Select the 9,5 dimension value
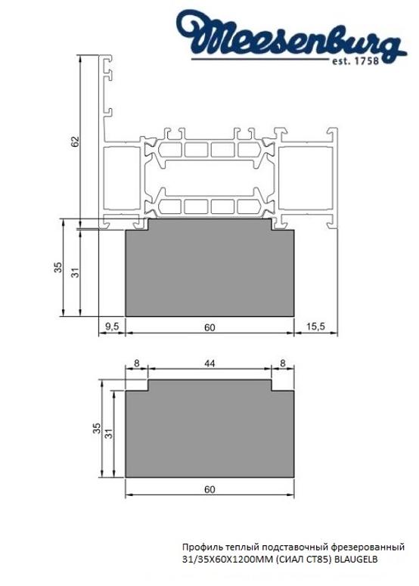[112, 327]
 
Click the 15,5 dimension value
[316, 327]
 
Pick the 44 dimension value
[209, 364]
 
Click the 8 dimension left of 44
[136, 364]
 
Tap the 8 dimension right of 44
[283, 364]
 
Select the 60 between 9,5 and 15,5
[209, 327]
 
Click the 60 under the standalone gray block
[209, 489]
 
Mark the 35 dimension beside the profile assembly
[57, 268]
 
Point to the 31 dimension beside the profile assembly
[75, 272]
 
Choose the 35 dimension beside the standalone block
[96, 428]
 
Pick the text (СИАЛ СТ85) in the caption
[301, 559]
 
